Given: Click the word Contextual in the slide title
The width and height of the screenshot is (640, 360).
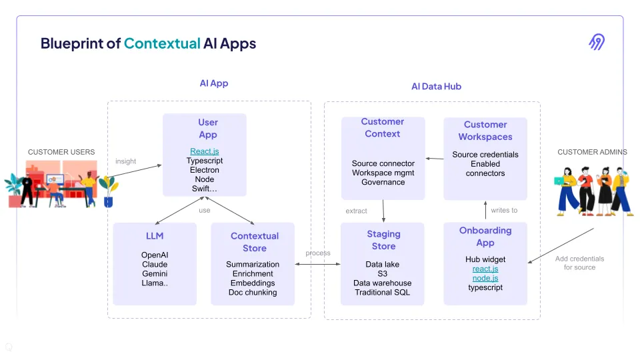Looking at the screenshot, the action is pos(162,43).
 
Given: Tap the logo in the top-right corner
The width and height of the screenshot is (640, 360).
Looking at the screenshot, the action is pos(597,41).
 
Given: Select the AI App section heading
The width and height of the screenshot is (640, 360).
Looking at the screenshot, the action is pos(214,83).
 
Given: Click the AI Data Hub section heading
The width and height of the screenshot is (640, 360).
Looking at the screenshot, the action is pos(436,87).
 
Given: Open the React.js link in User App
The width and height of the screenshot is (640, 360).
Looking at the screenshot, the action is pos(205,151).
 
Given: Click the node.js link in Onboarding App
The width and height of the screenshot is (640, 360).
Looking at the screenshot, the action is pos(485,278).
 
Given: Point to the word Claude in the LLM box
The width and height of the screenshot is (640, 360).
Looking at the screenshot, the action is pos(155,264).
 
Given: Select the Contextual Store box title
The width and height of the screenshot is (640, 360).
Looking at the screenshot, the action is pos(255,242).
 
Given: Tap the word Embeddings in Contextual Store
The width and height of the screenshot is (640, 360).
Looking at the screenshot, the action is pos(253,283).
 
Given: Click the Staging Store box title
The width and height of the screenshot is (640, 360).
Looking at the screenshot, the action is pos(384,240).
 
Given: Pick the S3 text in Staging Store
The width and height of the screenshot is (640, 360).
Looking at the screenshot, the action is pos(383,273).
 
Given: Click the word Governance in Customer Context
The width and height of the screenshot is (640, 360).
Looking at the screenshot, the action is pos(383,182).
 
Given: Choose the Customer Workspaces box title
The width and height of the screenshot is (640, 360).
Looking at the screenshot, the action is pos(485,131).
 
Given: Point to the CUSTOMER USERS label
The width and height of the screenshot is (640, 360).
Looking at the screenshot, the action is pos(61,152).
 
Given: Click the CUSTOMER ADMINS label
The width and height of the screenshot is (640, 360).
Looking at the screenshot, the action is pos(592,152).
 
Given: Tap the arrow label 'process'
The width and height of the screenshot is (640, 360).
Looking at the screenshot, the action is pos(318,253).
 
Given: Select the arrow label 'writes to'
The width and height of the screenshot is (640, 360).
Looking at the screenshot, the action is pos(504,210).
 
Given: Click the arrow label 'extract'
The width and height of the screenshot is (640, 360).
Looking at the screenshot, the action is pos(356,211).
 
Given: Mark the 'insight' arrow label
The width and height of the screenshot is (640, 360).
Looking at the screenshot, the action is pos(126,161).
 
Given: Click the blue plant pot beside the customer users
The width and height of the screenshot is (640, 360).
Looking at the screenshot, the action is pos(108,201).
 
